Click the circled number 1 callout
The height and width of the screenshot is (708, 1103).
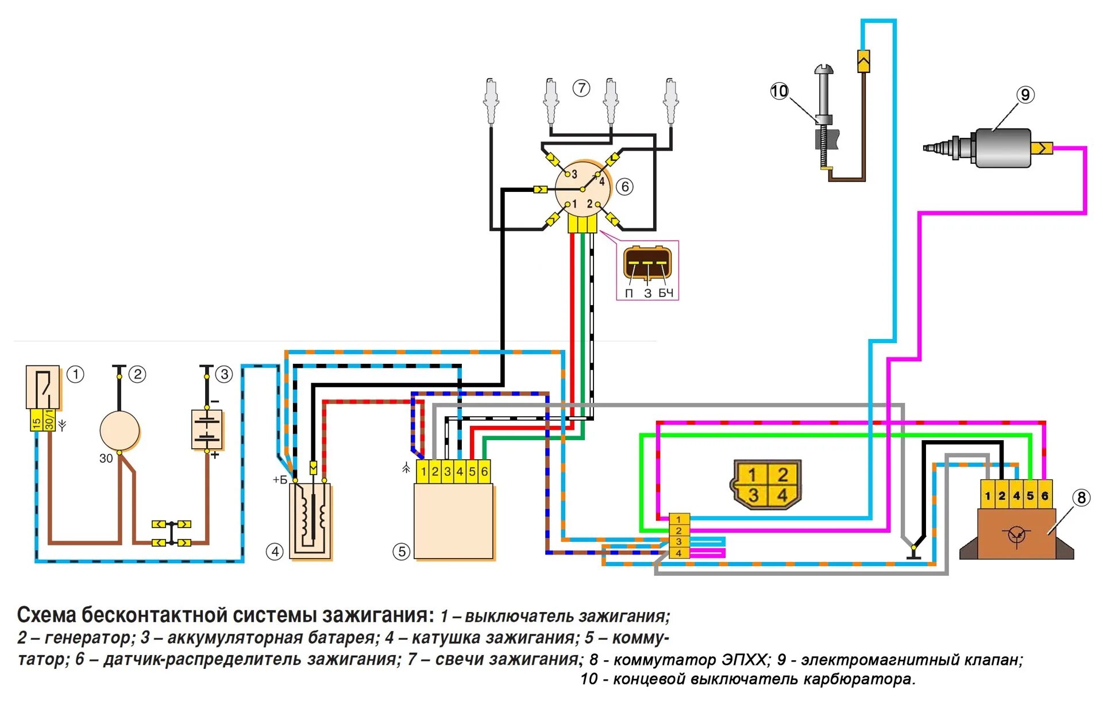pos(75,375)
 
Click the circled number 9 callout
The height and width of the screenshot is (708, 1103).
pos(1025,95)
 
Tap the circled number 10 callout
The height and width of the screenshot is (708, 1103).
pos(780,91)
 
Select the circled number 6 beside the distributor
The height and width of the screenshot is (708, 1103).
pos(625,187)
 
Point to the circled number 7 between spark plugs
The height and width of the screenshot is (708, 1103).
pos(581,88)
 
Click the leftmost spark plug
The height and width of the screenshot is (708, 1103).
pos(491,101)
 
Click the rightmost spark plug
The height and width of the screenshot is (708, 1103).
pos(670,101)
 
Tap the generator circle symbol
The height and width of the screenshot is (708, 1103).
pos(119,431)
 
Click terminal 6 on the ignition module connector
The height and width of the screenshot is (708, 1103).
pos(484,472)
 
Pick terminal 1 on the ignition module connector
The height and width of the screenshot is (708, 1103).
pos(423,472)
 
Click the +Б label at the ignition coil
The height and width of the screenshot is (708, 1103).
pos(280,480)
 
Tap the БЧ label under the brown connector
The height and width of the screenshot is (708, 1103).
pos(666,293)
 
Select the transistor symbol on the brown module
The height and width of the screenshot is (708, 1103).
pos(1017,535)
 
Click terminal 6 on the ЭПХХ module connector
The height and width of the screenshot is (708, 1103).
pos(1045,495)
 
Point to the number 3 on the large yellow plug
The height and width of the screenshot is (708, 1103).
pos(753,495)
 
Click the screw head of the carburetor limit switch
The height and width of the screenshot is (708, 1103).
pos(824,70)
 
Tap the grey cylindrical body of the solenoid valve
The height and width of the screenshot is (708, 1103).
pos(1002,148)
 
